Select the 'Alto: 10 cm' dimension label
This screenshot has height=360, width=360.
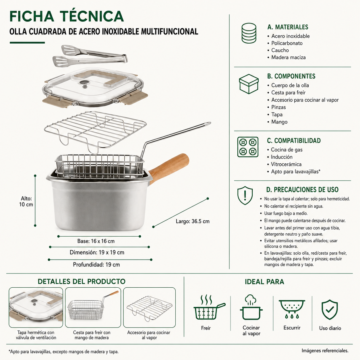point(26,202)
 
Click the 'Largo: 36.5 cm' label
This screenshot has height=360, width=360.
point(193,221)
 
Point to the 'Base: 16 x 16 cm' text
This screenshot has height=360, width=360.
point(96,241)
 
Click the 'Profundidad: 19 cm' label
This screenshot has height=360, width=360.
point(96,265)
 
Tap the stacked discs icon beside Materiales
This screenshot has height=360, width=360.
point(249,33)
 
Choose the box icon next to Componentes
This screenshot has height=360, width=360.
point(249,84)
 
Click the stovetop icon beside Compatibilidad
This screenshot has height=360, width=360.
point(248,147)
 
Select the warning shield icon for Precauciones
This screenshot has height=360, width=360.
point(245,196)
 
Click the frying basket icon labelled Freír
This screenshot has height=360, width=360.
point(209,308)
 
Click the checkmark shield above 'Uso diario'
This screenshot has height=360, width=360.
point(330,309)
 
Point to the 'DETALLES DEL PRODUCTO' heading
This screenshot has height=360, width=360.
point(82,282)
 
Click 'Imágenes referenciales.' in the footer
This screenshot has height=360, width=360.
point(325,351)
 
